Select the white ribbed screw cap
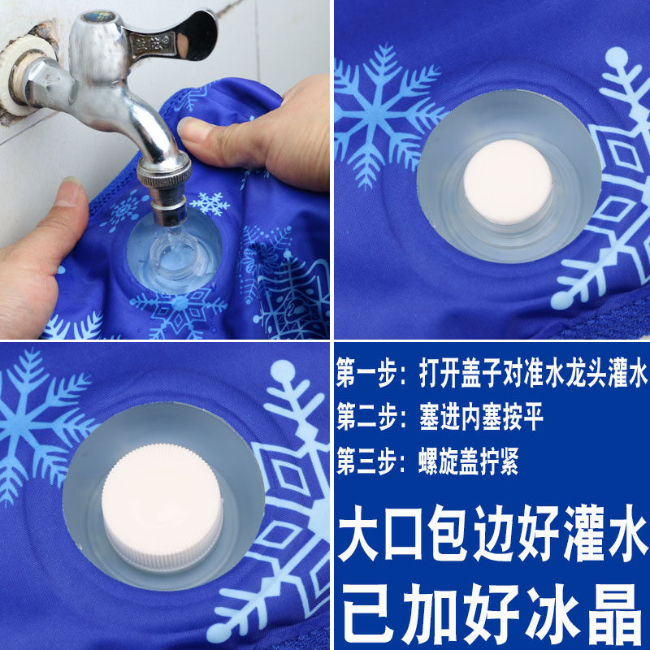pyautogui.click(x=162, y=507)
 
